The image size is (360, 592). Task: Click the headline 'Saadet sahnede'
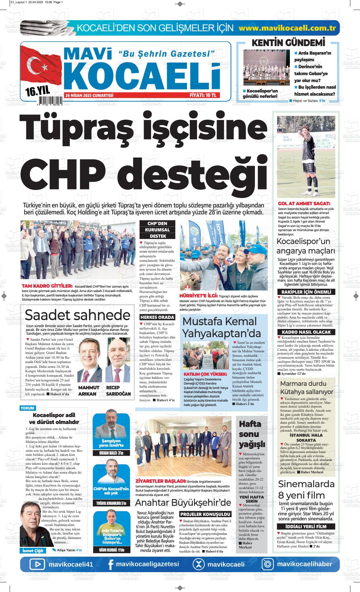[x=77, y=315]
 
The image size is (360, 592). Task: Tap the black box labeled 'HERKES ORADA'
[x=157, y=317]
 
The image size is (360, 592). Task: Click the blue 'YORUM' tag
[x=27, y=408]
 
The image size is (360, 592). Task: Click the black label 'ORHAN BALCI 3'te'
[x=111, y=453]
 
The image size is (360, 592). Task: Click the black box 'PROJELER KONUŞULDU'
[x=206, y=514]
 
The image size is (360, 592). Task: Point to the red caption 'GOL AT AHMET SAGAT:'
[x=304, y=204]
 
